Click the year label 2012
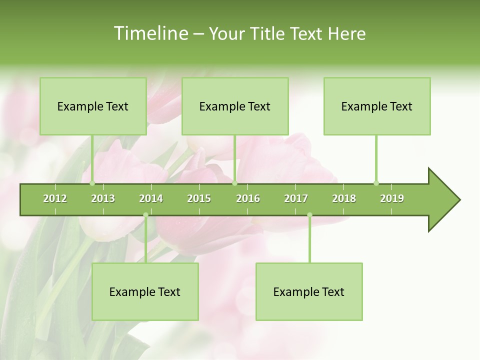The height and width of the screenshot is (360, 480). click(x=55, y=198)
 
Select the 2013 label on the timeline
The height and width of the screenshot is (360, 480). click(x=103, y=198)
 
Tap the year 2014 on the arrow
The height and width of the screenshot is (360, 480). click(x=151, y=198)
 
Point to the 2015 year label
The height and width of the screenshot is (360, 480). click(x=199, y=198)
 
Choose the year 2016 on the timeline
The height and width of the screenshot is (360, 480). click(x=248, y=198)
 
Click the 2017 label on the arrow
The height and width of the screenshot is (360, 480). click(x=296, y=198)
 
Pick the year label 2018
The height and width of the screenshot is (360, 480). click(x=344, y=198)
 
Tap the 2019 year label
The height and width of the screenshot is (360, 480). click(x=392, y=198)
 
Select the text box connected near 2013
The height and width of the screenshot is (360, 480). click(x=93, y=106)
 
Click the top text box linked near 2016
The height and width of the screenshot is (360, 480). click(x=235, y=106)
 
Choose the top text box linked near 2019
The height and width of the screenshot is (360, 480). click(x=377, y=106)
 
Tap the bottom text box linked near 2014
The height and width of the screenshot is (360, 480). click(x=145, y=291)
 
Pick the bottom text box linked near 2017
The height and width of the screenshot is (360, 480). click(x=309, y=291)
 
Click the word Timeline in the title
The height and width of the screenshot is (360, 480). click(x=150, y=33)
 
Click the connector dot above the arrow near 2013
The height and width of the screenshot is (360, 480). click(x=92, y=183)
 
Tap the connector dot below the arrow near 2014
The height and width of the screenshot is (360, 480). click(x=145, y=215)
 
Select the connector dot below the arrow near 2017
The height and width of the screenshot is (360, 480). click(x=309, y=215)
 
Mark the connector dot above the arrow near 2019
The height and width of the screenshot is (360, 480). click(x=376, y=183)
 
